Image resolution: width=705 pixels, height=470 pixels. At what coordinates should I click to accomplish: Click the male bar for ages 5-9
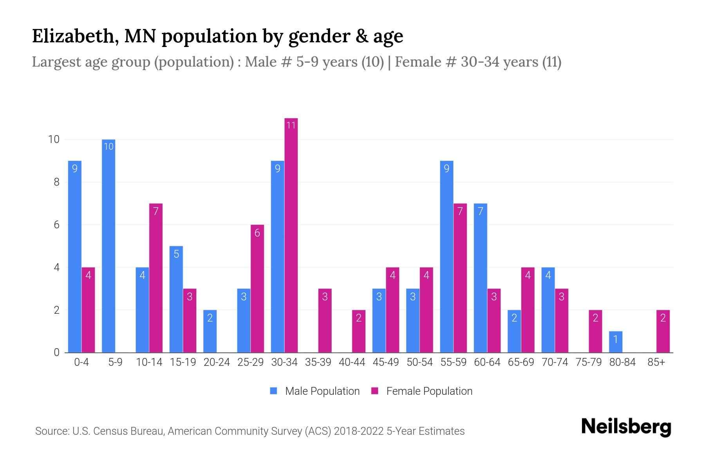pyautogui.click(x=108, y=247)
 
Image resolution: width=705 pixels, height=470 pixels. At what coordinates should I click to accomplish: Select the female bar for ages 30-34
pyautogui.click(x=291, y=235)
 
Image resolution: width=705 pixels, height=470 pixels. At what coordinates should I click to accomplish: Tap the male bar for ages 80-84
pyautogui.click(x=615, y=342)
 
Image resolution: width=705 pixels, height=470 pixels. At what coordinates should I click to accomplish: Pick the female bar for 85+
pyautogui.click(x=663, y=331)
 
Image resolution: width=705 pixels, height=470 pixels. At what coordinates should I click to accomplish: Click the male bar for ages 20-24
pyautogui.click(x=210, y=331)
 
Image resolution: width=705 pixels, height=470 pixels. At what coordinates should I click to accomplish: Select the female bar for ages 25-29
pyautogui.click(x=257, y=289)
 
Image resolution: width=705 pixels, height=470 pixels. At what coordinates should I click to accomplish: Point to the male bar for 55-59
pyautogui.click(x=446, y=257)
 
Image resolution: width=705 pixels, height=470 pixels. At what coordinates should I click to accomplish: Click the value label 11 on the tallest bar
pyautogui.click(x=291, y=125)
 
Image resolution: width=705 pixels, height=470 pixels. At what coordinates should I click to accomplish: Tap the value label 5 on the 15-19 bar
pyautogui.click(x=176, y=254)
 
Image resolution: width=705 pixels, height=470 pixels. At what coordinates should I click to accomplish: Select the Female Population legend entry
pyautogui.click(x=422, y=391)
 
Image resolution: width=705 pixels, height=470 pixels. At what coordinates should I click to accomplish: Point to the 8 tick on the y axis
pyautogui.click(x=57, y=182)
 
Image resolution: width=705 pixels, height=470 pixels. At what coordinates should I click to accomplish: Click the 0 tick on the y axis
pyautogui.click(x=57, y=352)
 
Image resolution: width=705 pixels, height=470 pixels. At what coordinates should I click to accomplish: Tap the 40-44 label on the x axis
pyautogui.click(x=352, y=362)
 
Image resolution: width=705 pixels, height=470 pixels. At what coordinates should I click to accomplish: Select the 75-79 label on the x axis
pyautogui.click(x=588, y=362)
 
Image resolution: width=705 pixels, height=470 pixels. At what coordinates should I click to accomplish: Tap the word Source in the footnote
pyautogui.click(x=51, y=431)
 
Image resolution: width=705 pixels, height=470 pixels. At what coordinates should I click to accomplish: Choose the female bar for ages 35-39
pyautogui.click(x=325, y=320)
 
